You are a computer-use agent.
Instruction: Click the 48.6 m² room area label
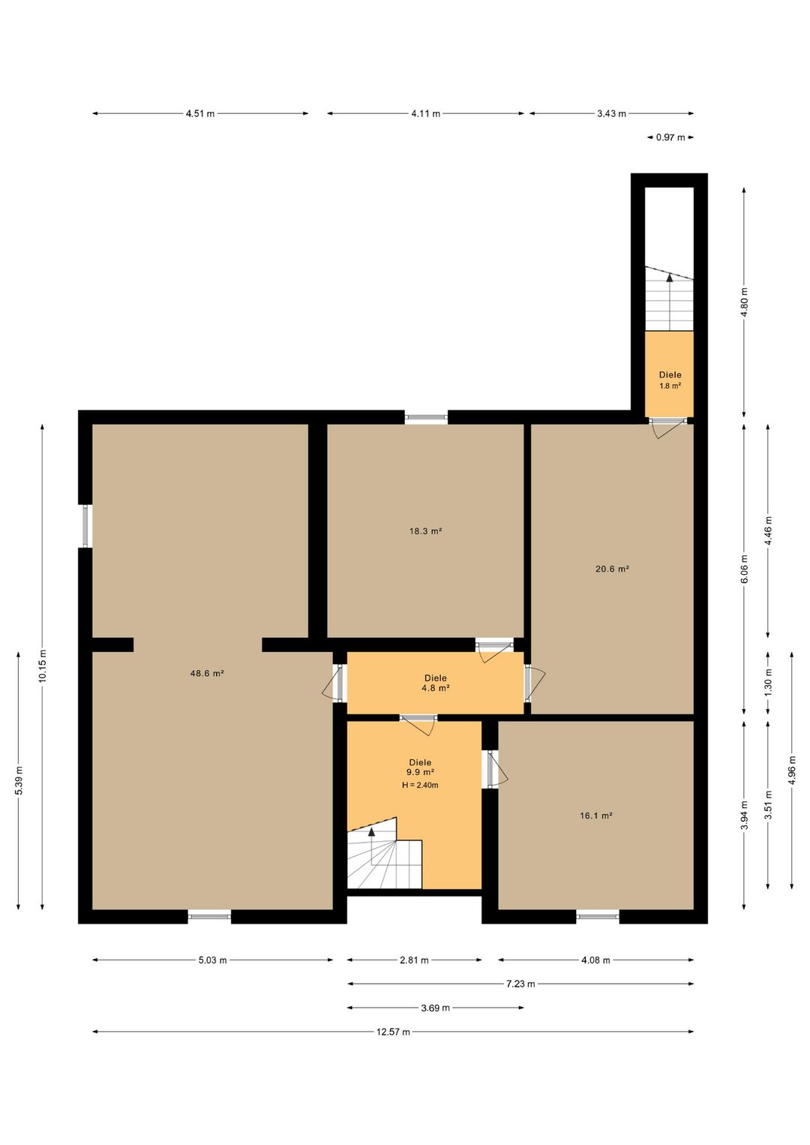point(207,673)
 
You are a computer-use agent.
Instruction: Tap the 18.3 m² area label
point(425,531)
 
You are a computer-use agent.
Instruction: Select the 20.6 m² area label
point(612,569)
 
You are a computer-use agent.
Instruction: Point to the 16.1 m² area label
point(595,816)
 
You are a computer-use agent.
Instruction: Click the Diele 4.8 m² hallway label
point(436,683)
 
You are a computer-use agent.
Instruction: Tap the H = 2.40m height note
point(420,785)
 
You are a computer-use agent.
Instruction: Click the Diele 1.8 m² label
point(670,380)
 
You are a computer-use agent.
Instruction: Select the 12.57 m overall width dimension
point(393,1032)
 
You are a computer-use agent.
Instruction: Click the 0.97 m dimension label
point(670,137)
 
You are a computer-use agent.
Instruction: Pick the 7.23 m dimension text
point(520,984)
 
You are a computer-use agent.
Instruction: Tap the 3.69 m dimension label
point(436,1008)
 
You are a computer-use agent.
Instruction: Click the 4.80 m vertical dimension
point(744,302)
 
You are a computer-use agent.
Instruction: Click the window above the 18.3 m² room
point(426,417)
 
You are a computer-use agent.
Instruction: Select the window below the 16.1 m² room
point(598,916)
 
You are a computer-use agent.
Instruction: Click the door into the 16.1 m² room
point(495,769)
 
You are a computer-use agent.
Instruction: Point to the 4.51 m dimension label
point(200,113)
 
